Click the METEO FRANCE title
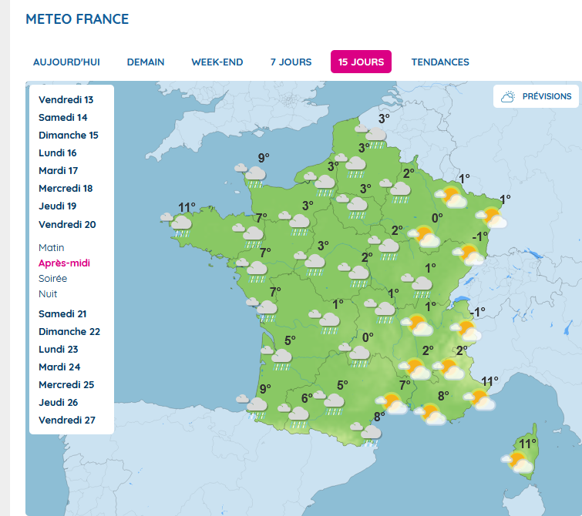[77, 19]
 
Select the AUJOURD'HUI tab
[66, 62]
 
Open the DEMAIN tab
[146, 62]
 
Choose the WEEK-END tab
[217, 62]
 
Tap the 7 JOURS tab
[291, 62]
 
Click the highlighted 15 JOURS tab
[361, 62]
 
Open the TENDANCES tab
[440, 62]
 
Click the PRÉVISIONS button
[537, 96]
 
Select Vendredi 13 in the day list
[66, 100]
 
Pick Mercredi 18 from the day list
[66, 189]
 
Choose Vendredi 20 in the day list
[67, 225]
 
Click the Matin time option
[52, 248]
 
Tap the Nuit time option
[48, 294]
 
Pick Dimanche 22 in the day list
[69, 332]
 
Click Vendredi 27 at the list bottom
[67, 421]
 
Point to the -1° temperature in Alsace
[480, 236]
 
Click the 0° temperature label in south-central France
[368, 337]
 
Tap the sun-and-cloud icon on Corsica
[518, 462]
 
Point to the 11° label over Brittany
[187, 207]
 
